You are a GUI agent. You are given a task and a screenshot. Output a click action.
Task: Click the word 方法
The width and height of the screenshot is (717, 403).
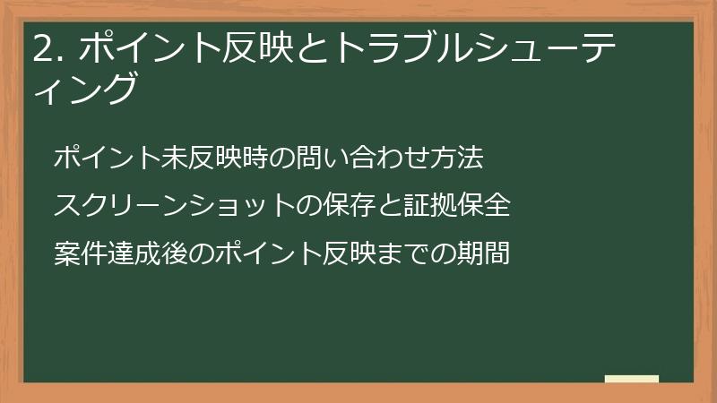click(458, 159)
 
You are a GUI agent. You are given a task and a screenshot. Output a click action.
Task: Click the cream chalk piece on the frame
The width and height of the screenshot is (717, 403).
click(632, 379)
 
